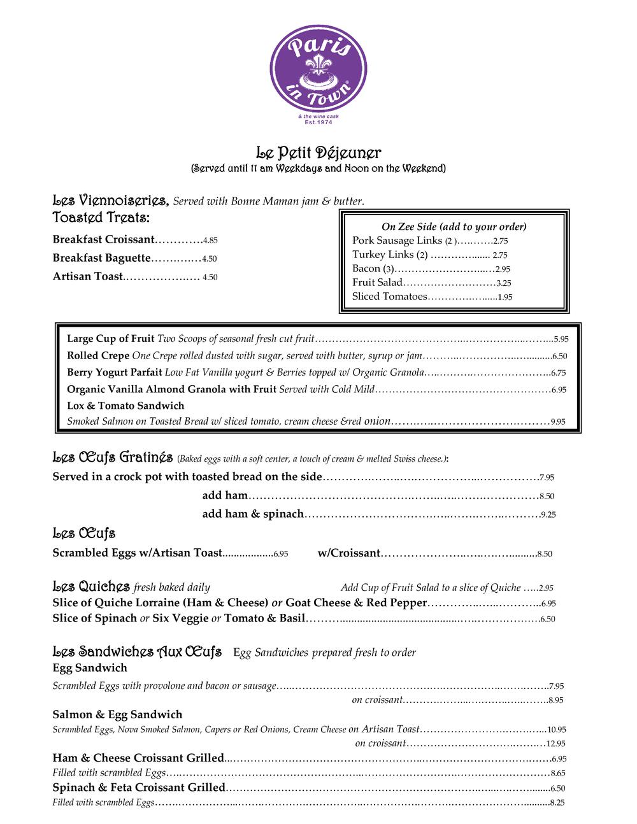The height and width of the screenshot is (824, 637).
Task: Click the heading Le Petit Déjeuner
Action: coord(318,153)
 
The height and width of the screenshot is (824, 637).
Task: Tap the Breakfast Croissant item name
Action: coord(103,240)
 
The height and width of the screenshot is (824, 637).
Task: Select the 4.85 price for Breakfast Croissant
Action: coord(210,241)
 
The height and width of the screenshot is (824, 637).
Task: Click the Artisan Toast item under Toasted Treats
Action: coord(87,277)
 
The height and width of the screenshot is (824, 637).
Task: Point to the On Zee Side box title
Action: coord(454,227)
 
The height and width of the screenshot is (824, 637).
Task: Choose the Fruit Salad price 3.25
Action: coord(503,283)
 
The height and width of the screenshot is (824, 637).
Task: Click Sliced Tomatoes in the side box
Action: coord(389,297)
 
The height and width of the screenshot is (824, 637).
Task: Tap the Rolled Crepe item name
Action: coord(98,356)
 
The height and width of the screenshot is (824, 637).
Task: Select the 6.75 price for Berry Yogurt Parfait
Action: coord(558,373)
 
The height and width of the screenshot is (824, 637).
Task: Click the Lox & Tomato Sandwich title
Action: coord(125,406)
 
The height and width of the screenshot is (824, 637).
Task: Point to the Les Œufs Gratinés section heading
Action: coord(113,457)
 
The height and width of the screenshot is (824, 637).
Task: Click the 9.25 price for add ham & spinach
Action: coord(548,515)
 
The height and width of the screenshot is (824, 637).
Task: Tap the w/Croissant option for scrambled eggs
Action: coord(348,553)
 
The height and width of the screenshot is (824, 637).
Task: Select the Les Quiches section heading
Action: coord(91,586)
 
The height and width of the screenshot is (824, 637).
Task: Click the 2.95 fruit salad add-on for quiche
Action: coord(546,588)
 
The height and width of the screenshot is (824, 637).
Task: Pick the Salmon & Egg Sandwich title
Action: coord(117,714)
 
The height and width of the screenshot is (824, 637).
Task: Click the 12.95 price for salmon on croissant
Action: coord(555,744)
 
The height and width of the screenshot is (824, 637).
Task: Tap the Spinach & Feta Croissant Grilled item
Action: coord(139,788)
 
